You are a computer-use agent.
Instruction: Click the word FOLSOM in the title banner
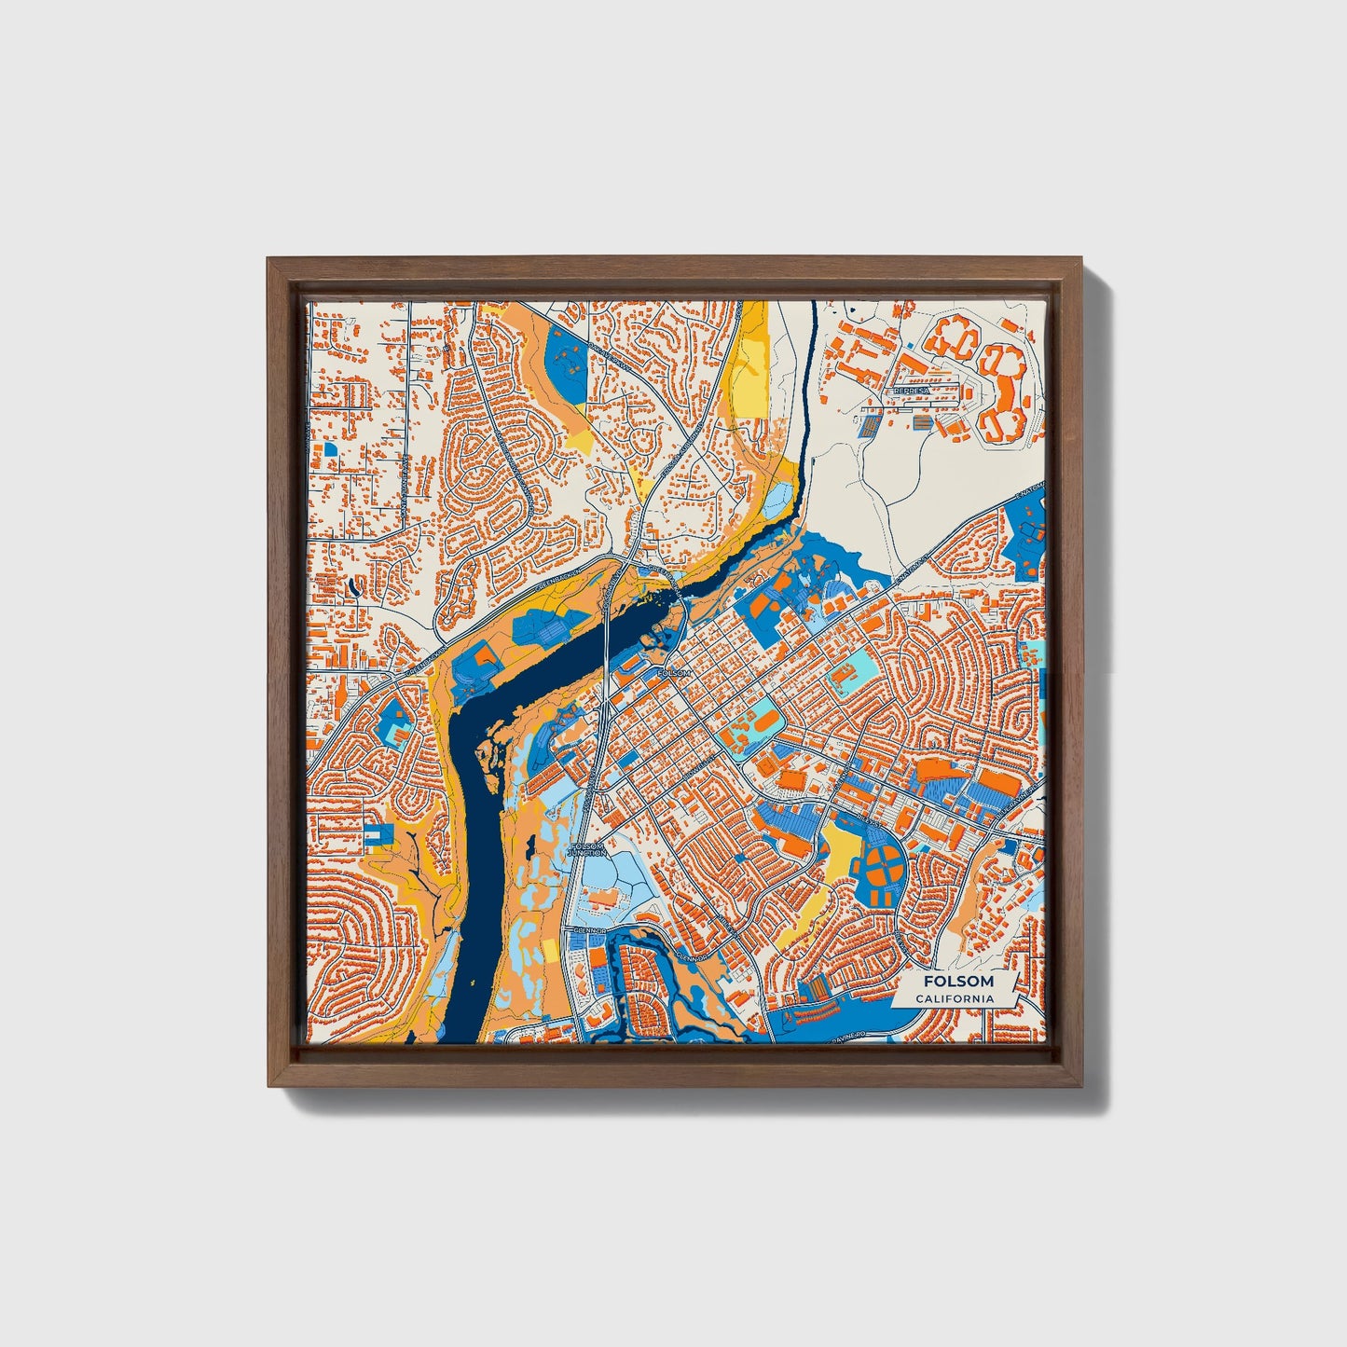click(x=957, y=982)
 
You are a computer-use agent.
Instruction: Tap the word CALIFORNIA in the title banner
click(x=954, y=998)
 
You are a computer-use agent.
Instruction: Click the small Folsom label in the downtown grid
click(x=674, y=672)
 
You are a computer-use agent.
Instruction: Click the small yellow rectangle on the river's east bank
click(x=550, y=951)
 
